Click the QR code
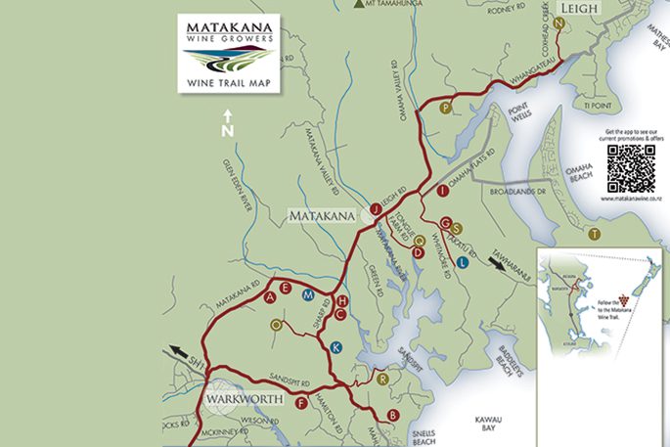tap(631, 168)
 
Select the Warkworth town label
tap(245, 399)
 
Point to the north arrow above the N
tap(227, 114)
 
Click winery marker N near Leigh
tap(558, 22)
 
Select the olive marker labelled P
tap(445, 108)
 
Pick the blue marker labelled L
tap(462, 235)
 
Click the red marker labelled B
tap(393, 416)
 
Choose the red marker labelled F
tap(301, 402)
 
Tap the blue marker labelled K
tap(336, 346)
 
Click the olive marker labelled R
tap(382, 378)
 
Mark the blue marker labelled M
tap(308, 294)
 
